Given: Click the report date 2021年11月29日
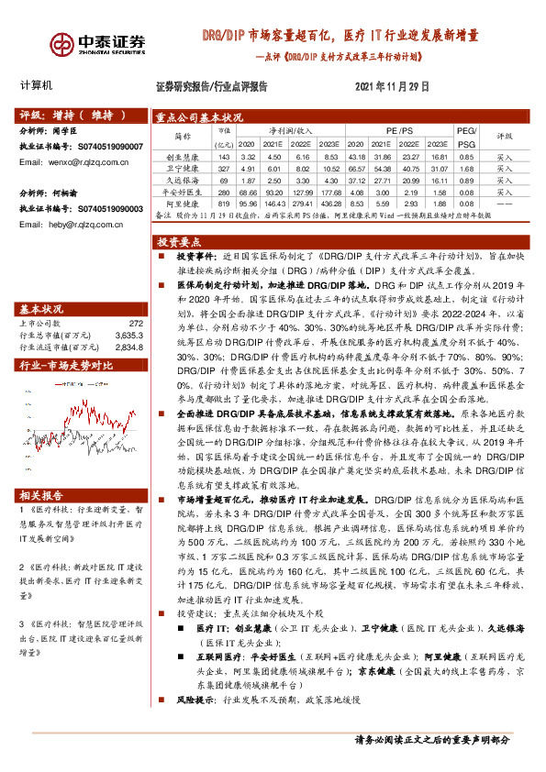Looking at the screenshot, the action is click(392, 86).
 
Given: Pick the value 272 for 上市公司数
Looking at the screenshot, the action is click(136, 297).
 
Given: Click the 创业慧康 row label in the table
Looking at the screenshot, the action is click(183, 158).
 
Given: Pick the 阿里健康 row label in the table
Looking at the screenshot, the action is click(183, 203).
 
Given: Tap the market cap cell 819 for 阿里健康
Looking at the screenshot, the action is click(223, 203).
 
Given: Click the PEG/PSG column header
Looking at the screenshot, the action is click(467, 138).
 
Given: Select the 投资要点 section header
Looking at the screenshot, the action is click(180, 242).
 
